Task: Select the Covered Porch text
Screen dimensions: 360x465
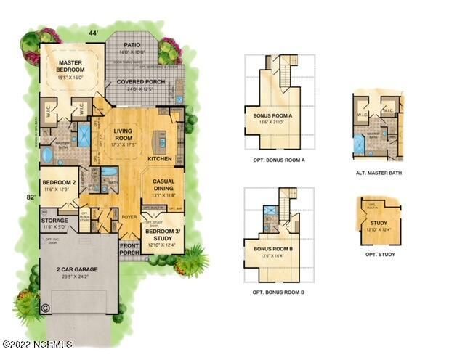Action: tap(141, 82)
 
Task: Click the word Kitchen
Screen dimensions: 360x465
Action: tap(159, 157)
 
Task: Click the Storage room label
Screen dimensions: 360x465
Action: tap(55, 221)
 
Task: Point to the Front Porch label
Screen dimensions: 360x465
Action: tap(130, 249)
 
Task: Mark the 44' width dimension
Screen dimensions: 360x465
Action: tap(93, 34)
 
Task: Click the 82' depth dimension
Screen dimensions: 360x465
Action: tap(31, 197)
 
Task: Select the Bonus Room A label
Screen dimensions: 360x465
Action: tap(272, 115)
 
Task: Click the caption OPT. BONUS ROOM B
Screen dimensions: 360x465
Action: tap(278, 292)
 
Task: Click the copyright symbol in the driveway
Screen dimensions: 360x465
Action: tap(44, 308)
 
